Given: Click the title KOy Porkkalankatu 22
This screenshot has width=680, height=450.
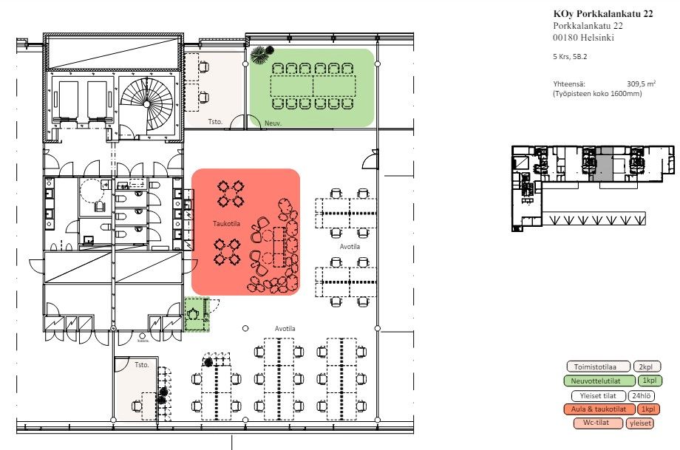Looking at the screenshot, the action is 603,14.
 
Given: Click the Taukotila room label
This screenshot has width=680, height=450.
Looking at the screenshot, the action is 226,224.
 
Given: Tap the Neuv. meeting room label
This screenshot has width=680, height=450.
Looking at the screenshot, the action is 273,123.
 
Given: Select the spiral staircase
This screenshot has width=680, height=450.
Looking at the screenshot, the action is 146,104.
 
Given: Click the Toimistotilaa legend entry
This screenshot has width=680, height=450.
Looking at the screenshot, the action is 598,367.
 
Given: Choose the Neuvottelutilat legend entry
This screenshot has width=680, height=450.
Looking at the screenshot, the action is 599,381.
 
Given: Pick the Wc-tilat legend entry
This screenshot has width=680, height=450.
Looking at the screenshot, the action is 598,423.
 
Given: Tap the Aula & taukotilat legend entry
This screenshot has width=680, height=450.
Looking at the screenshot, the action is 599,409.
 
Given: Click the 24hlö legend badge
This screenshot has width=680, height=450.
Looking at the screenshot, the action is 641,396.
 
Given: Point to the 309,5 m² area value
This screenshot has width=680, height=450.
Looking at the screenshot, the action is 641,84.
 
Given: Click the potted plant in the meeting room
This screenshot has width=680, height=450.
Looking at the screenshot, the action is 262,54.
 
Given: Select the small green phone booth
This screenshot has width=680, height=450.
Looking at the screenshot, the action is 197,314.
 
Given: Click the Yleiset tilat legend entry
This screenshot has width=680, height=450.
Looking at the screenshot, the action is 598,396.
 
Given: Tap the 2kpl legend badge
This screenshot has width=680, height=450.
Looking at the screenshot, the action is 646,367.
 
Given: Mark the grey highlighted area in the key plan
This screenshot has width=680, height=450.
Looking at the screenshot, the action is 603,164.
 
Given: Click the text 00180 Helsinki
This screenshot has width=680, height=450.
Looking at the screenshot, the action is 583,37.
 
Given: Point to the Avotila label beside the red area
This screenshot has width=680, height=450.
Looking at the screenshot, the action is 350,246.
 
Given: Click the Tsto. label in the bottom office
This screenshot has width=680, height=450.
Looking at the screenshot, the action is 141,365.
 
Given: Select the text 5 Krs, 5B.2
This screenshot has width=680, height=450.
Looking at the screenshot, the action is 570,56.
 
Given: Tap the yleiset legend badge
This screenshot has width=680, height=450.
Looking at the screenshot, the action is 639,423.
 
